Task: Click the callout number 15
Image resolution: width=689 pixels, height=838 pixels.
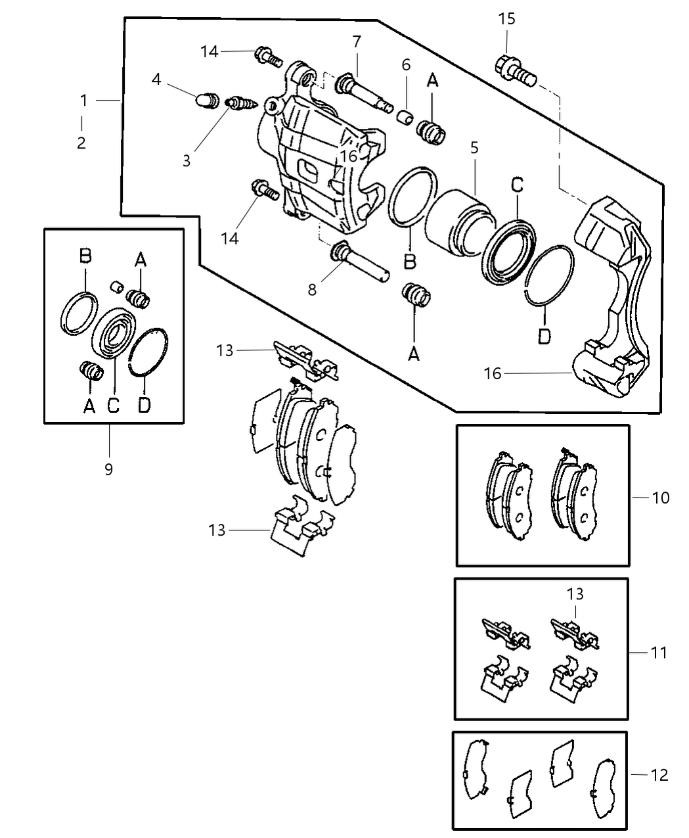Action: coord(506,18)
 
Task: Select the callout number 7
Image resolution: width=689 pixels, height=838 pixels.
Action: coord(356,41)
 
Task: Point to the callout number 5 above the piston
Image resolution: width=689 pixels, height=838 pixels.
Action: coord(474,148)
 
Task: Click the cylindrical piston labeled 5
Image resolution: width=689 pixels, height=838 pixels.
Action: coord(457,221)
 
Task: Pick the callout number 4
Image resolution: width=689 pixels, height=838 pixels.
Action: coord(156,80)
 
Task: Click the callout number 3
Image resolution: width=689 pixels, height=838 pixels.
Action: coord(187,160)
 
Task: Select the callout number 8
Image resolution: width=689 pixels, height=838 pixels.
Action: coord(311,289)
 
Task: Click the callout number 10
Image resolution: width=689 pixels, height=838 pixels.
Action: coord(660,498)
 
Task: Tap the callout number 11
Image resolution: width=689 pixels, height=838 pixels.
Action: coord(659,653)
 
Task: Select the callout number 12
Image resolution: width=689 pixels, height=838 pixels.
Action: coord(659,775)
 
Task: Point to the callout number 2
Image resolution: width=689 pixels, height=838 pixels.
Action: coord(81,143)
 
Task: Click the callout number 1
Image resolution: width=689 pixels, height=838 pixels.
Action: coord(83,101)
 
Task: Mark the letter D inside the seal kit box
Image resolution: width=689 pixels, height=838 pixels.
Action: coord(144,404)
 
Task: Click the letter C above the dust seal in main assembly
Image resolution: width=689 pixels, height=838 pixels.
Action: coord(517,185)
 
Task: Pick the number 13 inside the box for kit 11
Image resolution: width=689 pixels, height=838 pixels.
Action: coord(575,594)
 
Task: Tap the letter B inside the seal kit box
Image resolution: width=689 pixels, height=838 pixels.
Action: coord(85,256)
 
